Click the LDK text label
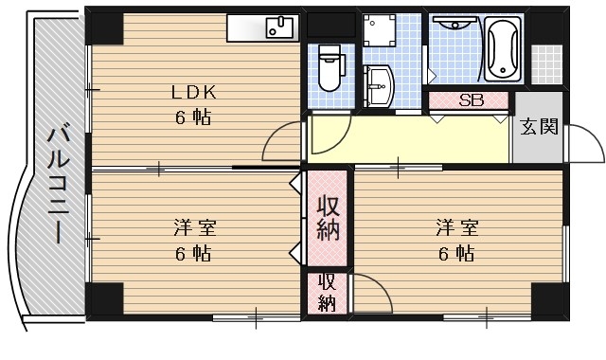click(194, 93)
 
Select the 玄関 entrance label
click(538, 127)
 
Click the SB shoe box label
click(471, 99)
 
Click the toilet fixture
click(330, 68)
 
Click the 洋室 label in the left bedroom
click(194, 228)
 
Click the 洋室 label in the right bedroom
click(457, 228)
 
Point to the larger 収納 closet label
click(328, 218)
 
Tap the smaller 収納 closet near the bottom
click(327, 293)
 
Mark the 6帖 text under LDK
click(192, 118)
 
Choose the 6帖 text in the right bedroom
click(456, 254)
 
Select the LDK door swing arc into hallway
click(283, 142)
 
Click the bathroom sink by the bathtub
click(454, 28)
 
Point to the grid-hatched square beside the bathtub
click(546, 63)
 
